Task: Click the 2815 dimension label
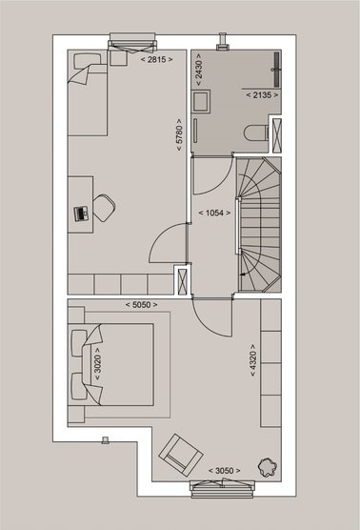[157, 59]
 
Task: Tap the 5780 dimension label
[179, 134]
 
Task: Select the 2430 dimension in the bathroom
[199, 70]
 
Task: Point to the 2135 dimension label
[263, 95]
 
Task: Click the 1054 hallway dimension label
[215, 213]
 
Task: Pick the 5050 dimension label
[141, 304]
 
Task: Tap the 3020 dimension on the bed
[97, 364]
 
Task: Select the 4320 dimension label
[253, 360]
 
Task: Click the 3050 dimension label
[224, 471]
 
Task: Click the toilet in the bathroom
[256, 132]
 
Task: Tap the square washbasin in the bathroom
[201, 101]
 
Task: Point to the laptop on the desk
[81, 214]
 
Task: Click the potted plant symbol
[268, 467]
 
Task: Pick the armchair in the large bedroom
[181, 456]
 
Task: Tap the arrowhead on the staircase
[242, 275]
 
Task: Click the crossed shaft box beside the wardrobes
[182, 280]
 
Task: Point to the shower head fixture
[276, 70]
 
